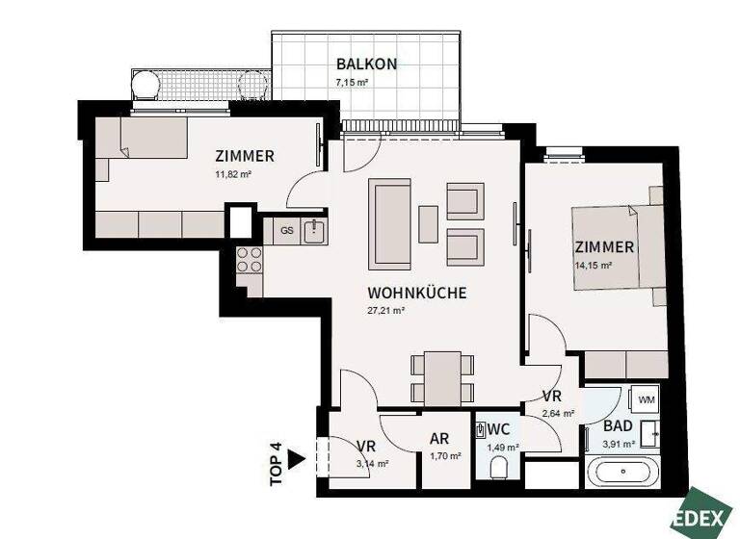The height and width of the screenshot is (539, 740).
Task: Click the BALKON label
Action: point(366,64)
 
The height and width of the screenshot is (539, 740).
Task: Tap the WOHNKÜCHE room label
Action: point(417,293)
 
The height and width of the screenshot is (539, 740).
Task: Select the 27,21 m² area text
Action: point(384,311)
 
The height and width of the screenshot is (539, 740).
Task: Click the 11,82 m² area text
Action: point(232,174)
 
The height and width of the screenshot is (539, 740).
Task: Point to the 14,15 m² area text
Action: point(594,266)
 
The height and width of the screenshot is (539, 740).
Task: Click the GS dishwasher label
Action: point(286,231)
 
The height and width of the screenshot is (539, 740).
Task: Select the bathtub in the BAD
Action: point(622,474)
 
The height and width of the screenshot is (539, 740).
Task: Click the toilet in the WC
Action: point(498,468)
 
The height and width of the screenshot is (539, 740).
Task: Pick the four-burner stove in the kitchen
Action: point(250,259)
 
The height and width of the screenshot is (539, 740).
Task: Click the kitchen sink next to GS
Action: point(313,231)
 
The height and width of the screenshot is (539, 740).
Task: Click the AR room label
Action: point(439,438)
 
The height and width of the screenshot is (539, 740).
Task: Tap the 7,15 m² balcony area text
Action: point(353,83)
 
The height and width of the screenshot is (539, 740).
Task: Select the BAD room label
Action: point(618,424)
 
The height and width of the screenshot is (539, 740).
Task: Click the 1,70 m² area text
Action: point(445,456)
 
